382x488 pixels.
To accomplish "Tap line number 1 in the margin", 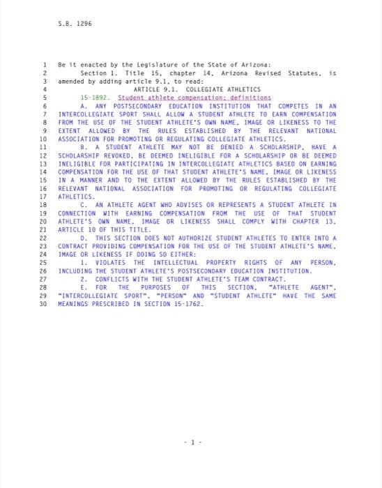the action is pyautogui.click(x=44, y=64).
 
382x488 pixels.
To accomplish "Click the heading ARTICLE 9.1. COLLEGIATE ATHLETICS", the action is pyautogui.click(x=197, y=89).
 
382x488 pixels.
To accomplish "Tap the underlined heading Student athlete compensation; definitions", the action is pyautogui.click(x=194, y=98).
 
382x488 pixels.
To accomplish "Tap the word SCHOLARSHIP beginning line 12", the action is pyautogui.click(x=77, y=155).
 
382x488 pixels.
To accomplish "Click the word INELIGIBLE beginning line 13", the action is pyautogui.click(x=76, y=164).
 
